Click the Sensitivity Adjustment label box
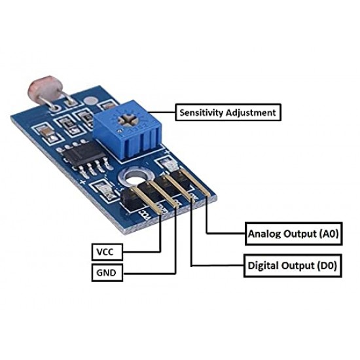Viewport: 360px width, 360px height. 228,113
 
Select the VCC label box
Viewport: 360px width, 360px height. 107,252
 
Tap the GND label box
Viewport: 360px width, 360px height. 107,272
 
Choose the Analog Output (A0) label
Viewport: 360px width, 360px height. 293,234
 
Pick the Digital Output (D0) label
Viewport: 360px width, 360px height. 293,266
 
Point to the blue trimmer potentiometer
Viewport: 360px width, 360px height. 128,129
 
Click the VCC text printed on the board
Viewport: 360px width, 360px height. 145,215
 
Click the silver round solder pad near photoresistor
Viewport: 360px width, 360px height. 91,101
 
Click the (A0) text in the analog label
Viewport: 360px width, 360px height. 329,234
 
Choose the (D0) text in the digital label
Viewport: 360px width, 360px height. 327,266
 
